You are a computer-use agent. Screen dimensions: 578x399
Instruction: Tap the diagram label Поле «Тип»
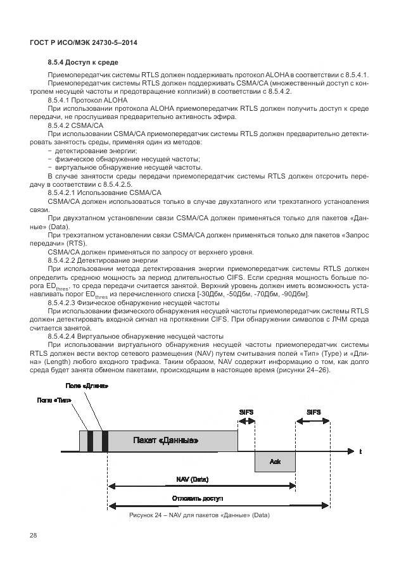click(x=54, y=400)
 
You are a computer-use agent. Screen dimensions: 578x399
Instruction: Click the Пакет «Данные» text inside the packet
click(x=166, y=440)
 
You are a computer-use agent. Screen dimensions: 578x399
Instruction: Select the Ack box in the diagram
click(x=275, y=462)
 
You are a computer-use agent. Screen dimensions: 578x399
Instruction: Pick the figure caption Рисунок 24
click(x=199, y=515)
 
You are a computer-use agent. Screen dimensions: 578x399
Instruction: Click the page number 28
click(x=34, y=536)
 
